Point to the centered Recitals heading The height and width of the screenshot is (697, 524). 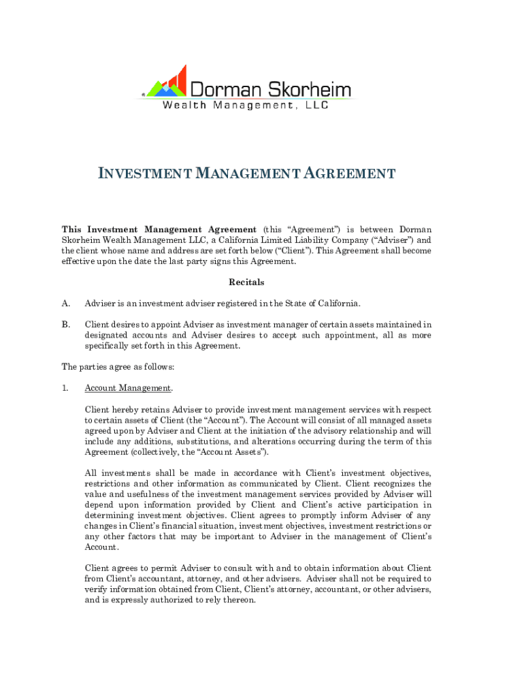pyautogui.click(x=246, y=282)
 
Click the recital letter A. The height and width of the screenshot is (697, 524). pyautogui.click(x=65, y=303)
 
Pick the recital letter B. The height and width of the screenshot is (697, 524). pyautogui.click(x=65, y=325)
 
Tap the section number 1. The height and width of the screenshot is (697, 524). pyautogui.click(x=65, y=388)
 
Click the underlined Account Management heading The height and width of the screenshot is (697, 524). pyautogui.click(x=128, y=388)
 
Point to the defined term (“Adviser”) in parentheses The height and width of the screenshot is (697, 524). pyautogui.click(x=393, y=240)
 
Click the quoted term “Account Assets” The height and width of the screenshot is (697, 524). pyautogui.click(x=233, y=452)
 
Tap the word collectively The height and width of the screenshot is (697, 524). pyautogui.click(x=150, y=452)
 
